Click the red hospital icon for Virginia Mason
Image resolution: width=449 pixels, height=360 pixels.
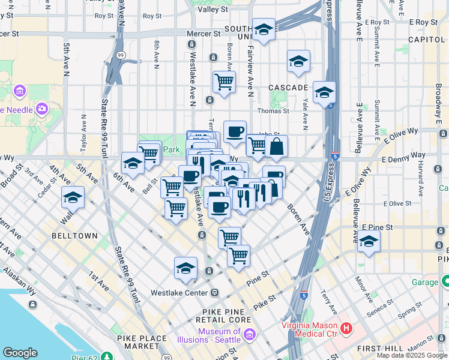point(346,328)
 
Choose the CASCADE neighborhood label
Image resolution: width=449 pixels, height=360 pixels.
point(288,88)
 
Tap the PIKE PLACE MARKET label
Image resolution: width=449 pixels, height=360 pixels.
point(143,342)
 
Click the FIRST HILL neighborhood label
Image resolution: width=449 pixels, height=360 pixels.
point(384,348)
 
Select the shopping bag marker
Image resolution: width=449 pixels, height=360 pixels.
point(276,146)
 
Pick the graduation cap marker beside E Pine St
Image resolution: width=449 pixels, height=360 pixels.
point(369,241)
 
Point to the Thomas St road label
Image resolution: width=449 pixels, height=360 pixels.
point(273,111)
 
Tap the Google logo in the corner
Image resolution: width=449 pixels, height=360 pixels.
point(20,353)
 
